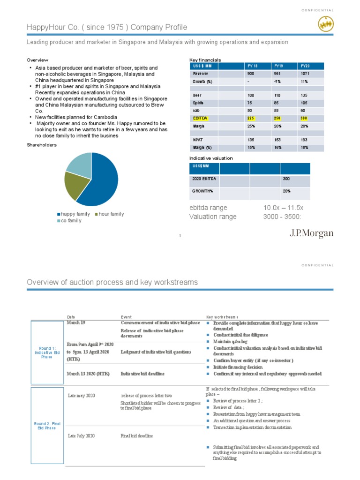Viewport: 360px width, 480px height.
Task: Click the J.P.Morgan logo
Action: pos(311,233)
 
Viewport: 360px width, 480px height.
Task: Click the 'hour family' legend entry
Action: pos(111,214)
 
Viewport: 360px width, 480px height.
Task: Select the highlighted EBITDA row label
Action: pos(199,119)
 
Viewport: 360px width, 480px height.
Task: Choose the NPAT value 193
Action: pos(305,140)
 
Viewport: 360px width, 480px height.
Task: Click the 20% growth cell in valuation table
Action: pos(286,191)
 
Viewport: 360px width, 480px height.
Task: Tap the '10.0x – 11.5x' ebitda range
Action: pos(283,208)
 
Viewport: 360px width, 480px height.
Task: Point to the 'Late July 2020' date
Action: pos(81,436)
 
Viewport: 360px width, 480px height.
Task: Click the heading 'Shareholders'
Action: pos(41,145)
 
